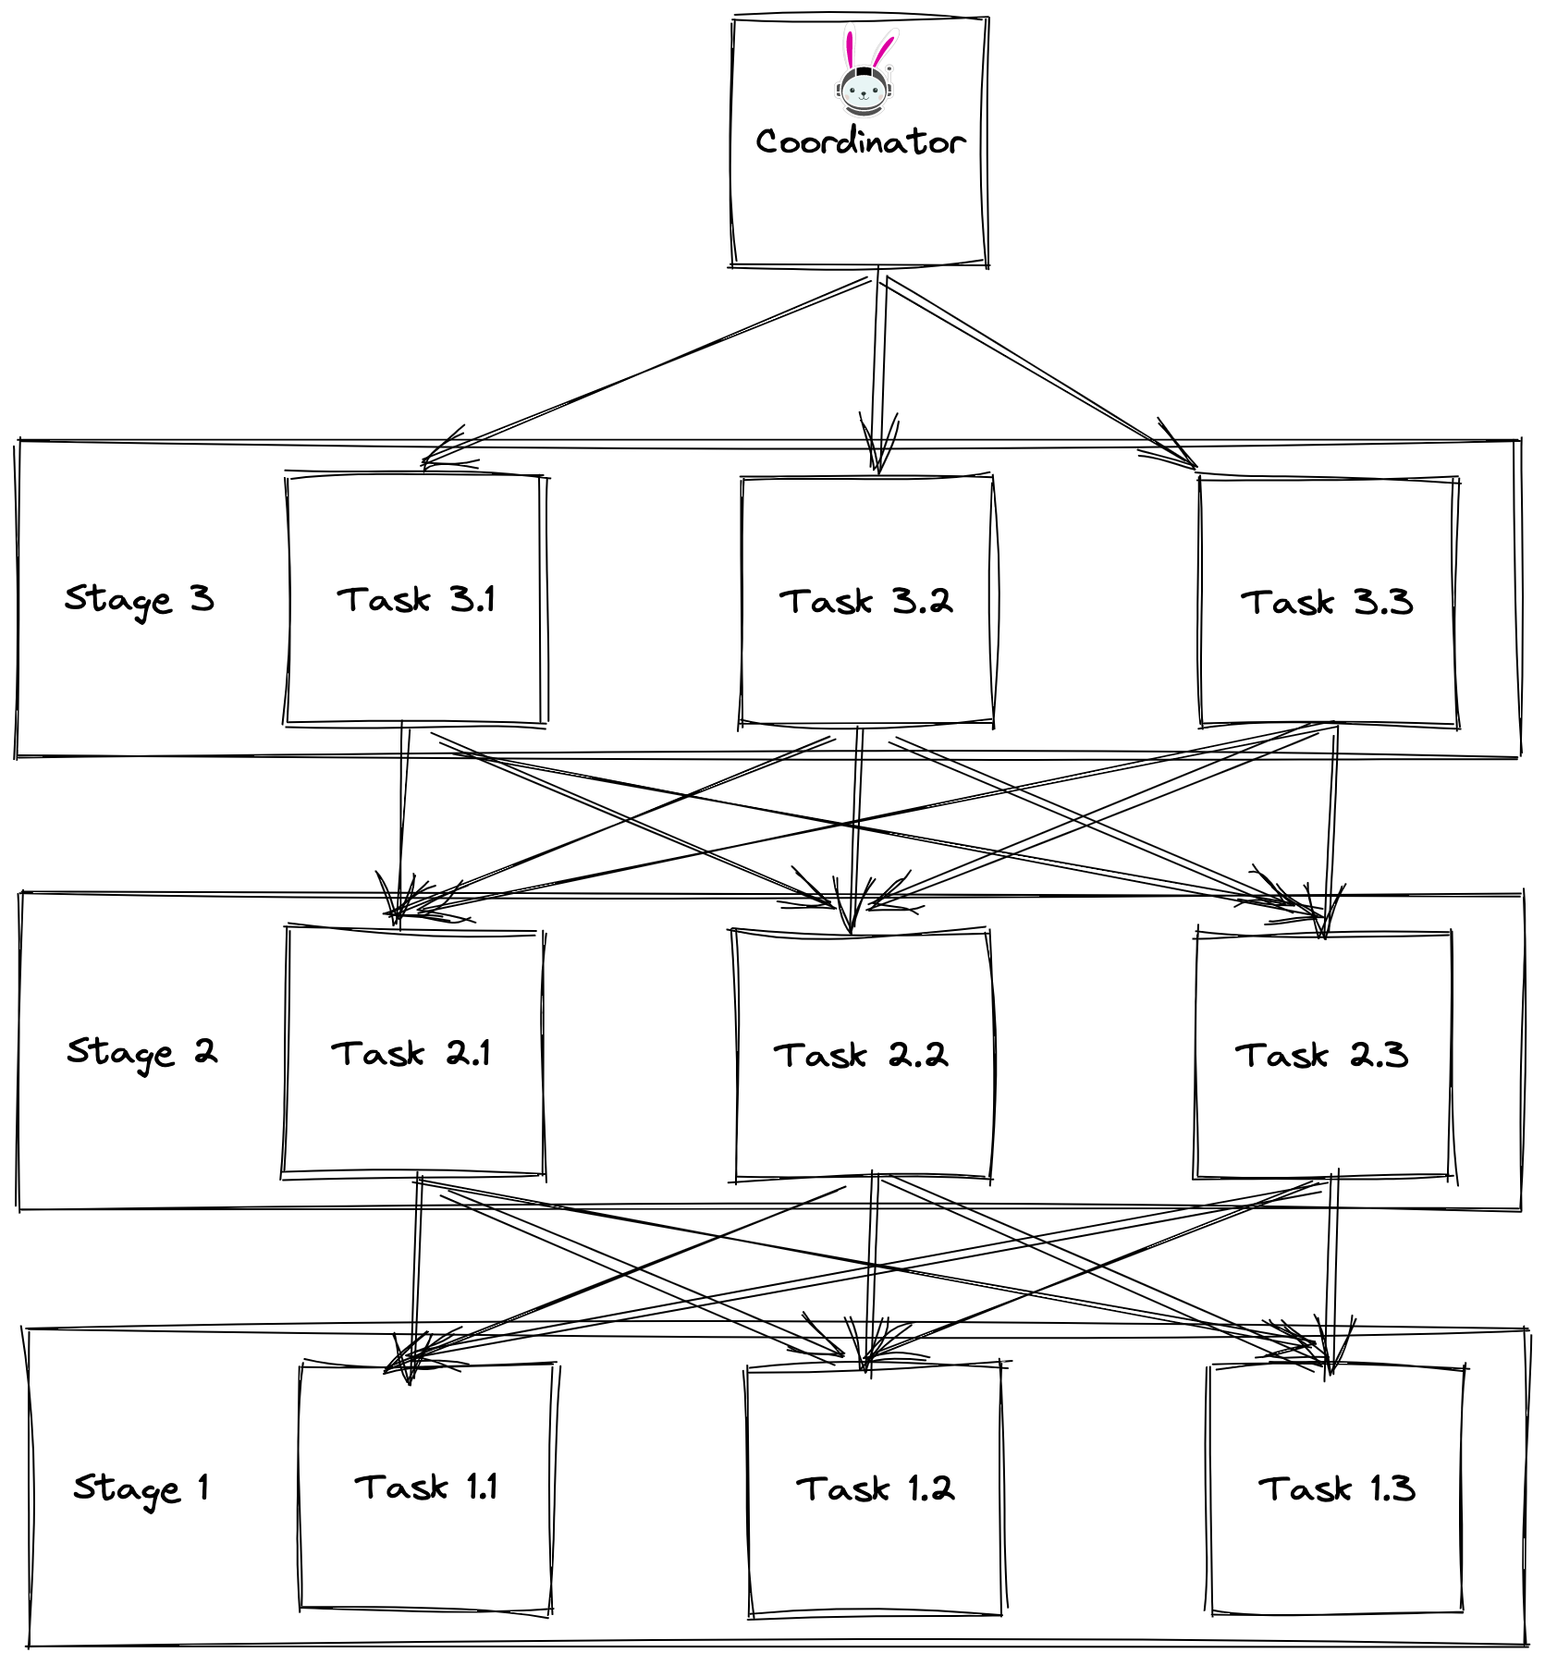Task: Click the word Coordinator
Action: click(860, 142)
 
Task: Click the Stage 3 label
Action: click(139, 600)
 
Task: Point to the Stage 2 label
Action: click(141, 1053)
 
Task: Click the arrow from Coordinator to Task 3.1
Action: click(647, 370)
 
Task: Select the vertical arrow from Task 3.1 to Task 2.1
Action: click(403, 814)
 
